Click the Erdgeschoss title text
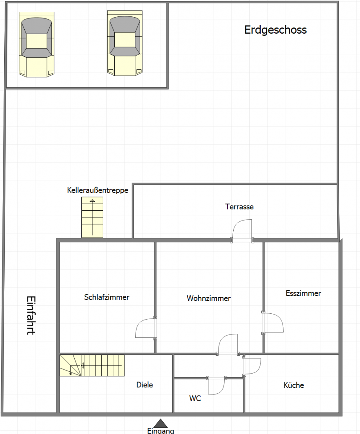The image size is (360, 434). pyautogui.click(x=275, y=30)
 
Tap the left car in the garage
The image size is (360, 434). pyautogui.click(x=36, y=44)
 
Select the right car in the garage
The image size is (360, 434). pyautogui.click(x=125, y=43)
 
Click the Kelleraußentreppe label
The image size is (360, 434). pyautogui.click(x=97, y=190)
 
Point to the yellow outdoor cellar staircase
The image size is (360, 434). pyautogui.click(x=92, y=217)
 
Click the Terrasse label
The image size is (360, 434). pyautogui.click(x=239, y=207)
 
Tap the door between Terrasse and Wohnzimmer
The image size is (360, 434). pyautogui.click(x=243, y=231)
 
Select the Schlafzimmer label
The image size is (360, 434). pyautogui.click(x=107, y=297)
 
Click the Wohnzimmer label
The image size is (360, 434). pyautogui.click(x=209, y=298)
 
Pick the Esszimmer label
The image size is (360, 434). pyautogui.click(x=303, y=293)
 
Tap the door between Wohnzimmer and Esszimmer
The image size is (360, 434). pyautogui.click(x=273, y=323)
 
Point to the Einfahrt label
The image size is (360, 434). pyautogui.click(x=31, y=316)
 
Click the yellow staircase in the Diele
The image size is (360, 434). pyautogui.click(x=92, y=365)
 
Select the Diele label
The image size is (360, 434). pyautogui.click(x=145, y=385)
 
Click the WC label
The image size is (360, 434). pyautogui.click(x=195, y=398)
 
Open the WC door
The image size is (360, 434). pyautogui.click(x=217, y=386)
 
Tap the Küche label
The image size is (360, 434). pyautogui.click(x=293, y=385)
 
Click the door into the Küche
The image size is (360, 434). pyautogui.click(x=252, y=366)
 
